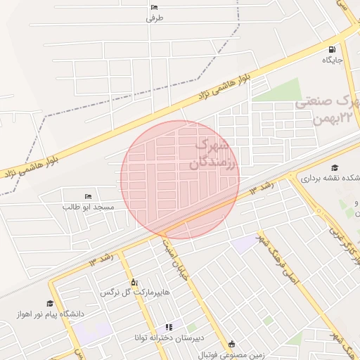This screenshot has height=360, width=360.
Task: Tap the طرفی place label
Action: [155, 19]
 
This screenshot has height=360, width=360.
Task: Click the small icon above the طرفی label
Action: [155, 8]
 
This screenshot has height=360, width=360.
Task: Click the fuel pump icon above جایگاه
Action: [332, 49]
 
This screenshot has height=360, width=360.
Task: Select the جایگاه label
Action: [332, 60]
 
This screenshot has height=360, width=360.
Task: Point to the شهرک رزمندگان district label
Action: [215, 154]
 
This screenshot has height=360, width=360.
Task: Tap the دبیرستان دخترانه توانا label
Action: [169, 338]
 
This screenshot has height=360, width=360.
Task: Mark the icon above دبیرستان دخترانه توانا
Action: [169, 327]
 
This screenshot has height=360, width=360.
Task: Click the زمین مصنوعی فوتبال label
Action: [233, 354]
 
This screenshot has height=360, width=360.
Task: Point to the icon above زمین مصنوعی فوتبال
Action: [233, 344]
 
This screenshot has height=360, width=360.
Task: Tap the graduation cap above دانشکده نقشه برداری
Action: [335, 167]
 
